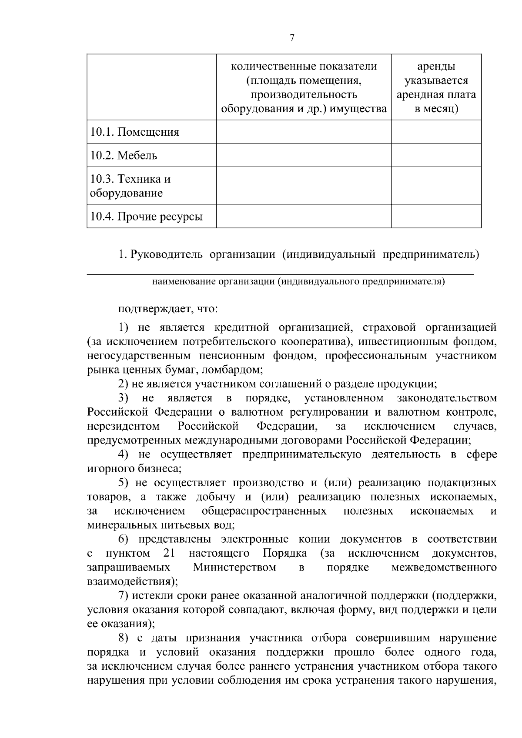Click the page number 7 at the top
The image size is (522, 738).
291,38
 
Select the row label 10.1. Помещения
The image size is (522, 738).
134,132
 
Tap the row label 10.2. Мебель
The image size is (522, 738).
124,156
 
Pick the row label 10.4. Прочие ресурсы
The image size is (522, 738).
146,217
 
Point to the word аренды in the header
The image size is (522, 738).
436,67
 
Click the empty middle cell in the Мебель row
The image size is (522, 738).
304,155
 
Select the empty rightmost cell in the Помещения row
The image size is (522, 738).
436,132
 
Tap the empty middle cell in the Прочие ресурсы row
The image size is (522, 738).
304,216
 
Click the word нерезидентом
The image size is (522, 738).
123,426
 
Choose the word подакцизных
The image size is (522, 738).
462,483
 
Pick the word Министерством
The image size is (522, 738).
234,568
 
